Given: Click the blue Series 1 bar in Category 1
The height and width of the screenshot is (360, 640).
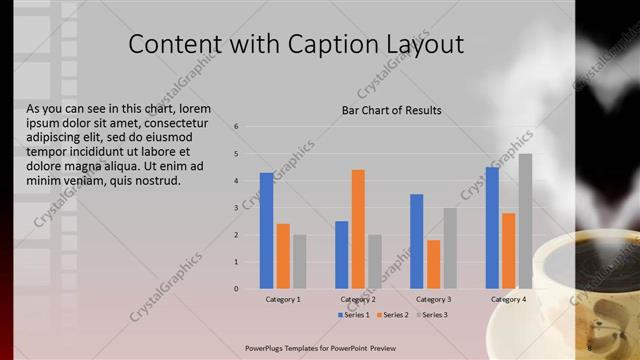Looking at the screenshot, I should point(266,231).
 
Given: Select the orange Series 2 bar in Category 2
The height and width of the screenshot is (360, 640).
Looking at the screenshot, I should point(358,229).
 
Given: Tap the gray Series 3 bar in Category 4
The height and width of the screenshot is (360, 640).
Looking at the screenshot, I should point(525,221).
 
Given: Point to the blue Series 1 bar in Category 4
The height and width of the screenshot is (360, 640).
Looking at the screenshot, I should point(492,228).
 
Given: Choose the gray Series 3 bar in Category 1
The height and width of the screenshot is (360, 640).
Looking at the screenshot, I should point(300,262).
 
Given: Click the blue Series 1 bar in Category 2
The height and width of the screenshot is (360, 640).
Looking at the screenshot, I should point(342,255).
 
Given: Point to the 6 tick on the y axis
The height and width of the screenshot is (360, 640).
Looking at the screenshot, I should point(236,127).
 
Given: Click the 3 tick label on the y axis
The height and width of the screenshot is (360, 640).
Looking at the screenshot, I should point(236,208).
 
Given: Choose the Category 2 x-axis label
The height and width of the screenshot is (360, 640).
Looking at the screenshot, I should point(358,299).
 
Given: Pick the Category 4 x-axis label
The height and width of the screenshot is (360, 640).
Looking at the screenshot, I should point(508,299).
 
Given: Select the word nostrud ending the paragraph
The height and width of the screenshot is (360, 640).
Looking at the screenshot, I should point(156,181).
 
